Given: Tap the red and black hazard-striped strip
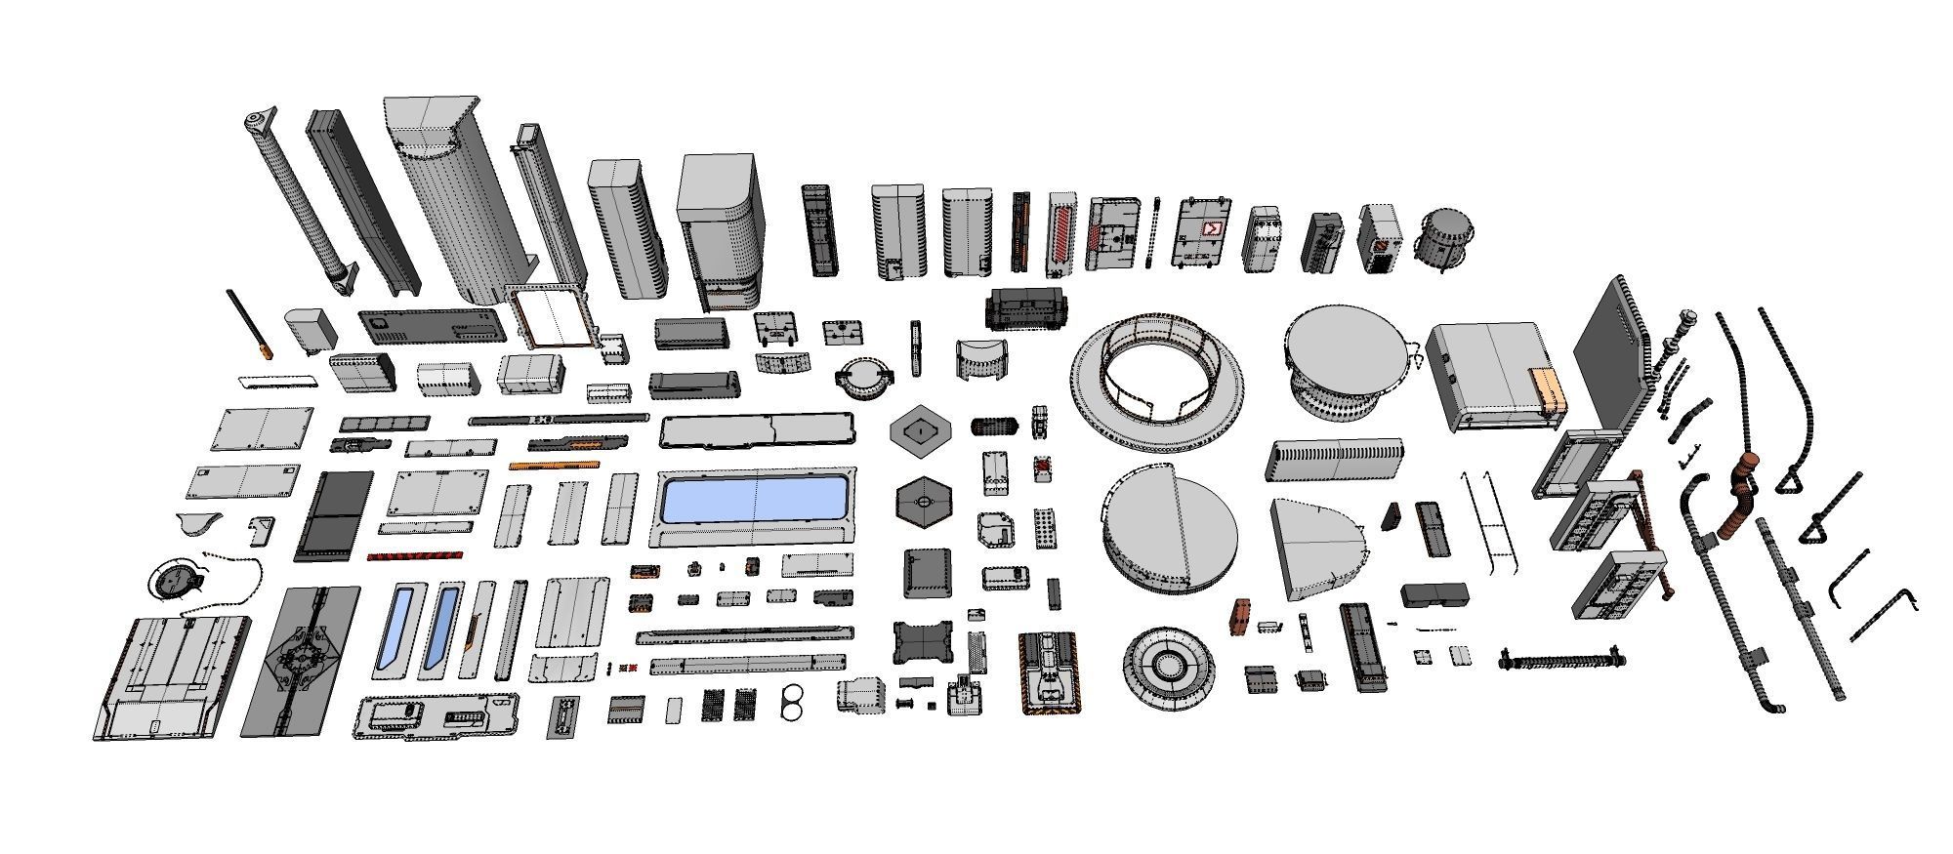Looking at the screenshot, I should [413, 556].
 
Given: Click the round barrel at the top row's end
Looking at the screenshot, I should [1443, 237].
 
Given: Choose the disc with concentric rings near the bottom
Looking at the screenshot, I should [1168, 666].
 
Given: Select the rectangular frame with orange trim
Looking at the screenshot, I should [551, 317].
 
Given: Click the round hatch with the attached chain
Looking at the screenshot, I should [176, 583].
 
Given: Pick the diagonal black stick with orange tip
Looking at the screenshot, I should [249, 323].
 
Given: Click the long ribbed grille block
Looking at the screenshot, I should [1334, 460].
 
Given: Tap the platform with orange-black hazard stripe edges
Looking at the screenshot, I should [1050, 671].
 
